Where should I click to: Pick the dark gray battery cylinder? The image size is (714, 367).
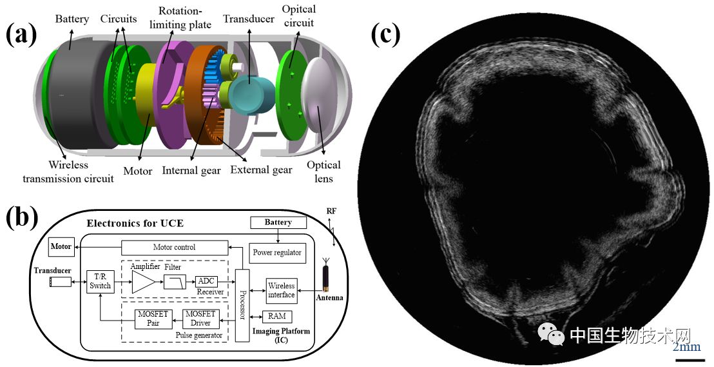point(77,97)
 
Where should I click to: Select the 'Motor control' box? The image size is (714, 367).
point(174,246)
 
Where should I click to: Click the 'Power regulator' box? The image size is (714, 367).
point(276,252)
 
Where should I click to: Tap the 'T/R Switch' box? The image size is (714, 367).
point(100,281)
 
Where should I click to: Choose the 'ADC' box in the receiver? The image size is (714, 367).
point(206,281)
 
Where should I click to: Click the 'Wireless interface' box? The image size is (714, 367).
point(281,290)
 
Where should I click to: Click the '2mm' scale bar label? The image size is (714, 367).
point(686,347)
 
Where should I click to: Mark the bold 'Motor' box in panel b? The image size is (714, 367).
point(61,246)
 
